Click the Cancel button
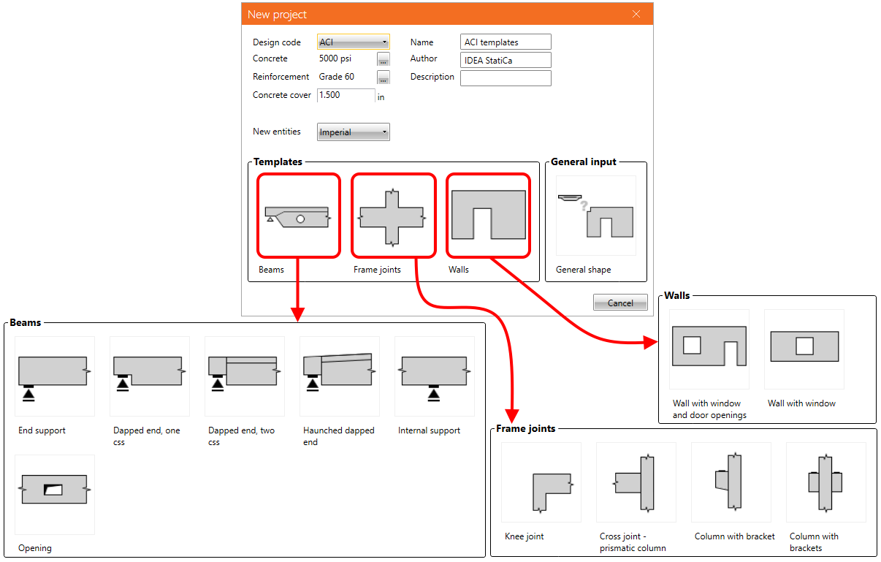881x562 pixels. tap(620, 303)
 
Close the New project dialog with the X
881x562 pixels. tap(636, 14)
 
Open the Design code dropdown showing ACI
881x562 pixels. tap(354, 42)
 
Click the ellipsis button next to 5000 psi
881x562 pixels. tap(384, 59)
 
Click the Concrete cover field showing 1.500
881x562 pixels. tap(346, 95)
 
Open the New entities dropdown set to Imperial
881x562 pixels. tap(354, 132)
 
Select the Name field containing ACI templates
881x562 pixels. tap(506, 42)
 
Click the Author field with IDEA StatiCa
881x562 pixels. tap(506, 60)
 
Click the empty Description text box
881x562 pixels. tap(506, 77)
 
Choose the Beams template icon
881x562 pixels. tap(299, 216)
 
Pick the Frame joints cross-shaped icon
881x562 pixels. tap(393, 216)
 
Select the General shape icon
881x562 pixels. tap(596, 216)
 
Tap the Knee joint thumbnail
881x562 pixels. tap(541, 482)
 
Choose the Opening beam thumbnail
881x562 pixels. tap(55, 495)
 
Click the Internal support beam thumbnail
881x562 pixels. tap(435, 376)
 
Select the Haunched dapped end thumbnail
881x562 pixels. tap(340, 376)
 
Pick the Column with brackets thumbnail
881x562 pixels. tap(826, 482)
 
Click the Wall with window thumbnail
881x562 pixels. tap(804, 349)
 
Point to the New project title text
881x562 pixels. tap(277, 15)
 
